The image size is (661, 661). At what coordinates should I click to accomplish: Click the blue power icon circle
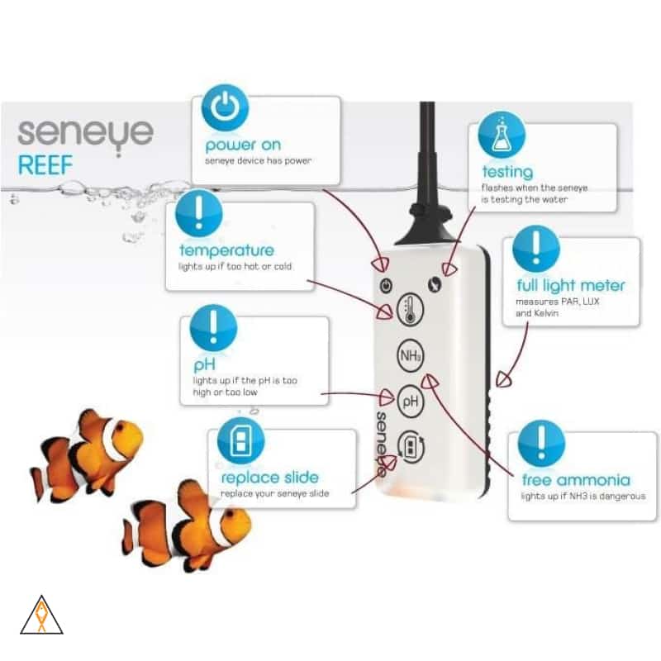[223, 112]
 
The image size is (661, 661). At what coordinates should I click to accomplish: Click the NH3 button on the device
[410, 356]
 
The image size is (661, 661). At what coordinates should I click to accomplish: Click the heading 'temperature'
[226, 250]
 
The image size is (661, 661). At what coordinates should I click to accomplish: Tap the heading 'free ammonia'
[576, 480]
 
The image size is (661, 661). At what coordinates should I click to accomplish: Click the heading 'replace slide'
[269, 478]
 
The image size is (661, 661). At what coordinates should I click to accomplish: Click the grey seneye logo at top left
[84, 132]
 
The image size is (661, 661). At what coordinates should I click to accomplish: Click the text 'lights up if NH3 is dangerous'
[583, 497]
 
